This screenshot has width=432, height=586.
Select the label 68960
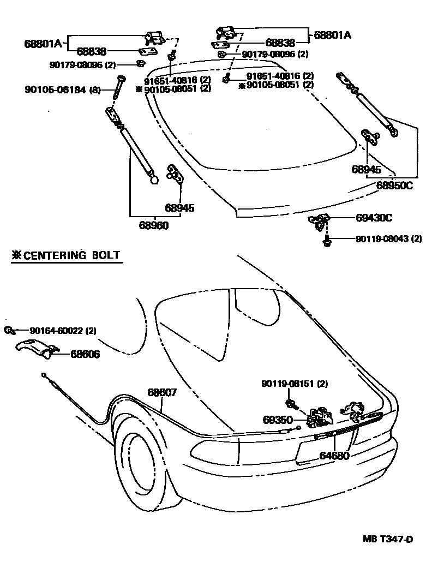pos(153,225)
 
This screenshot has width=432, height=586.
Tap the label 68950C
pos(394,185)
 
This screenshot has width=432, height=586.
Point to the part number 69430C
pos(374,218)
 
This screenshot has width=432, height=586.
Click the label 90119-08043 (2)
pos(389,238)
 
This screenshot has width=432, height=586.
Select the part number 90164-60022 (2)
pos(63,331)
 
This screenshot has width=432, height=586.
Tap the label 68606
pos(85,354)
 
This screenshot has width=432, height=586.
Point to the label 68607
pos(163,392)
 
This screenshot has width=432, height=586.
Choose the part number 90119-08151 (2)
pos(295,384)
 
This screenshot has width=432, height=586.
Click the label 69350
pos(278,420)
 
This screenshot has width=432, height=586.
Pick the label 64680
pos(334,456)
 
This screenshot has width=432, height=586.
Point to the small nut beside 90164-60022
pos(9,330)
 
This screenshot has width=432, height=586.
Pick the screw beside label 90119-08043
pos(327,240)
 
